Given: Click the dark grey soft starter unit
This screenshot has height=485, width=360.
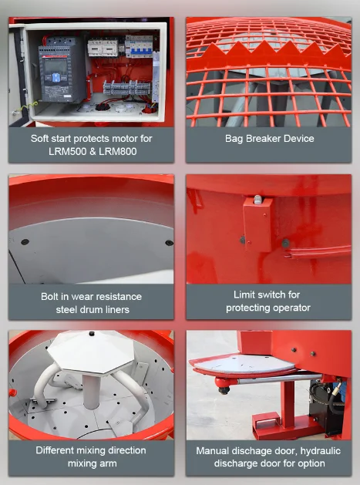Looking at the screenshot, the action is pos(62,70).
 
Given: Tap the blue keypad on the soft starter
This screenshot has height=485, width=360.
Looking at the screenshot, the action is pos(56,77).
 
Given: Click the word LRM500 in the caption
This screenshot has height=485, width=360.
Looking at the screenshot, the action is pos(64,152).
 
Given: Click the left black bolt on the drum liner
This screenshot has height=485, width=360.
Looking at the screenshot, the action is pos(25,242).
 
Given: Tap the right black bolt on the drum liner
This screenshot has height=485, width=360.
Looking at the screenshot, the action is pos(169,243).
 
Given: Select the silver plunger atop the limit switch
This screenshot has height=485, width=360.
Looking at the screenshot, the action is pos(257,199).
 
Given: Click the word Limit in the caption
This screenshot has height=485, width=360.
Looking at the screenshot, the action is pos(244,295).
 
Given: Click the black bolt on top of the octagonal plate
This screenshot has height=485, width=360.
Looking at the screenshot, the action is pos(92,333).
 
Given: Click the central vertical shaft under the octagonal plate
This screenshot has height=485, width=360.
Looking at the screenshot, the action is pos(92,390).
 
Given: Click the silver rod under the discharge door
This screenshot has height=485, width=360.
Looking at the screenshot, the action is pos(278,379).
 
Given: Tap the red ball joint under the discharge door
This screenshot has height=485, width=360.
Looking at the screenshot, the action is pos(224,384).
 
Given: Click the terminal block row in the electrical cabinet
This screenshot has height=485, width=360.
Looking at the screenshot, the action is pos(126,88).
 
